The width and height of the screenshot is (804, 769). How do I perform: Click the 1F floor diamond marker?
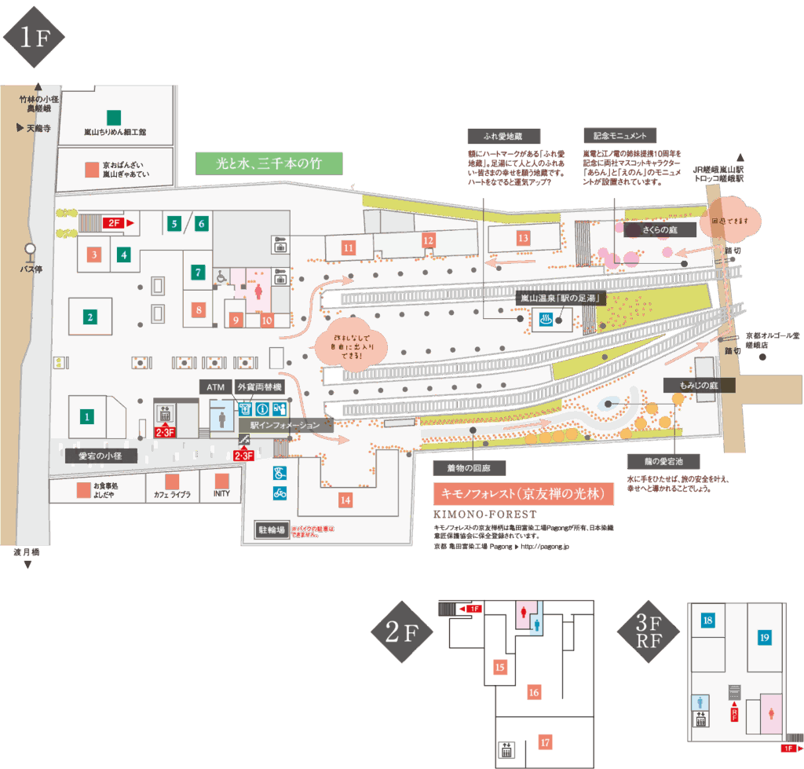pyautogui.click(x=32, y=38)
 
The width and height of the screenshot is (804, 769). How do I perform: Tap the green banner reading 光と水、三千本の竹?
pyautogui.click(x=269, y=163)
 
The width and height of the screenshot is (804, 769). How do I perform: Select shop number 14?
pyautogui.click(x=345, y=499)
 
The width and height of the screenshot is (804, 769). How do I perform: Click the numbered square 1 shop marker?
pyautogui.click(x=88, y=416)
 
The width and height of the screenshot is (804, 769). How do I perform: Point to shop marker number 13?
pyautogui.click(x=523, y=237)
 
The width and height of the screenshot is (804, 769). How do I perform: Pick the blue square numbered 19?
pyautogui.click(x=764, y=637)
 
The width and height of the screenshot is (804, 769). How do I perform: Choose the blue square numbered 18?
pyautogui.click(x=708, y=621)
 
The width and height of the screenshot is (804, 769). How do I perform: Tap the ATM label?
pyautogui.click(x=216, y=387)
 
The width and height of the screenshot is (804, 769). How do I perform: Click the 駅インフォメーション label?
pyautogui.click(x=285, y=425)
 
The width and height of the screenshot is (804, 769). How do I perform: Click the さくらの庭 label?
pyautogui.click(x=660, y=229)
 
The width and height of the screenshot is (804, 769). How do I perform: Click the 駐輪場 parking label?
pyautogui.click(x=271, y=529)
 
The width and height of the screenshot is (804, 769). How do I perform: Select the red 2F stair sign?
pyautogui.click(x=115, y=224)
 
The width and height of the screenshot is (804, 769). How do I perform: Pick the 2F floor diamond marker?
pyautogui.click(x=402, y=634)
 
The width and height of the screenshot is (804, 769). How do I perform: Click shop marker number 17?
pyautogui.click(x=545, y=742)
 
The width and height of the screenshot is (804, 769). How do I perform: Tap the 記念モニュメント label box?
pyautogui.click(x=619, y=136)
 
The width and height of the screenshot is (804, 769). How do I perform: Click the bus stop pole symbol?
pyautogui.click(x=31, y=251)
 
